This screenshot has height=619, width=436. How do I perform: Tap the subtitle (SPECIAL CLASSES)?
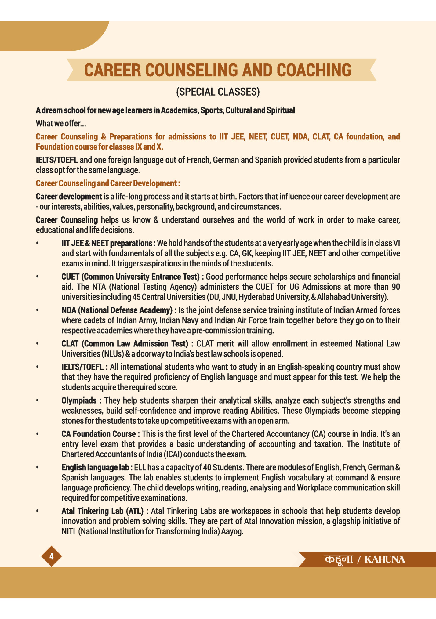[218, 92]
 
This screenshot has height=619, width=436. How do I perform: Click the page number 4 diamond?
[51, 556]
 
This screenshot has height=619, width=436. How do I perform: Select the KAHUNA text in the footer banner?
[385, 559]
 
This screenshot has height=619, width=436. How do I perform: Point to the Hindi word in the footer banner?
[339, 559]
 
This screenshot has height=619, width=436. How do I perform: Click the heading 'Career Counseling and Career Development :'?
[108, 183]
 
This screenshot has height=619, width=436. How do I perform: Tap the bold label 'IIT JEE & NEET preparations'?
[107, 243]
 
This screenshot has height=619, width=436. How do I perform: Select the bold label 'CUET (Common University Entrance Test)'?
[130, 277]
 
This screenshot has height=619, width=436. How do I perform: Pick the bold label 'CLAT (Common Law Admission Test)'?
[125, 344]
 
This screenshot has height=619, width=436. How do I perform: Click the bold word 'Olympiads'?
[79, 400]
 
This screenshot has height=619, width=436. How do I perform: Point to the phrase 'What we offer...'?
[61, 123]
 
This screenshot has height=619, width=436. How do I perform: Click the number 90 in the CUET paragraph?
[396, 287]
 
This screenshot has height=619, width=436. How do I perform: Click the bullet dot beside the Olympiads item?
[37, 400]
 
